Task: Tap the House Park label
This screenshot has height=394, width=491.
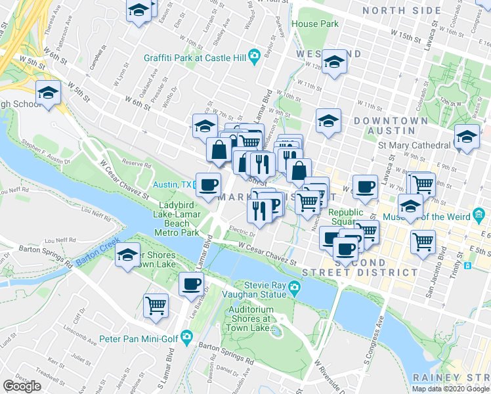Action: [x=315, y=24]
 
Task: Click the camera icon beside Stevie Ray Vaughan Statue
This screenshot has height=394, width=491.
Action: [x=295, y=287]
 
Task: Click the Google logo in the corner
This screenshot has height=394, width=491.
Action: [x=22, y=386]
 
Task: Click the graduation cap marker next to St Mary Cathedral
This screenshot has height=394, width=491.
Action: [x=467, y=137]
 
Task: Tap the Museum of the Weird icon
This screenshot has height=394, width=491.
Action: [x=479, y=215]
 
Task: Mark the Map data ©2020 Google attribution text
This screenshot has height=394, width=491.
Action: [x=450, y=389]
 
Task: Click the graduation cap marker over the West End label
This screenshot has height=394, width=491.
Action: [x=334, y=62]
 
